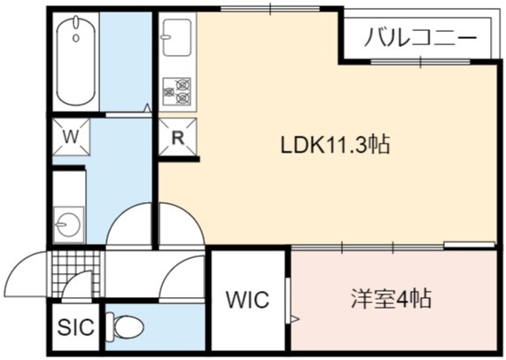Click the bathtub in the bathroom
point(76,61)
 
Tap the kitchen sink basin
point(177,37)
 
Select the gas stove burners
point(177,91)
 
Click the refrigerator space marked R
point(177,137)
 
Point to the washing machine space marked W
point(71,137)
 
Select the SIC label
point(76,326)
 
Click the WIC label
point(248,300)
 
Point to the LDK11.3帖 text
point(336,145)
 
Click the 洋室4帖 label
point(392,299)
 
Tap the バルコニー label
point(420,38)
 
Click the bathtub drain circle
point(76,38)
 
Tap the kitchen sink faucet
point(166,37)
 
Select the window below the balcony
point(420,61)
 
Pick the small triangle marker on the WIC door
point(295,319)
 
